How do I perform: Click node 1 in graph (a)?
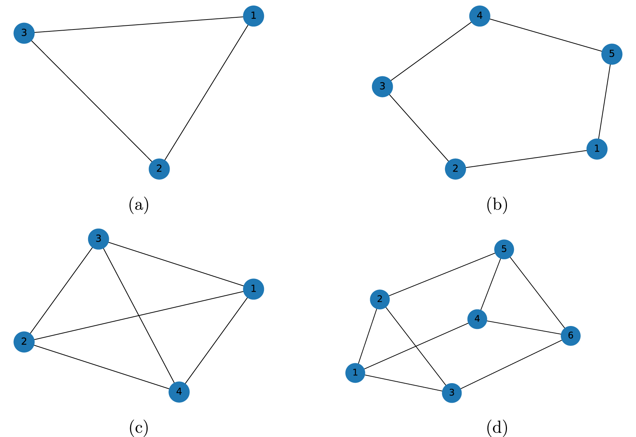[x=253, y=16]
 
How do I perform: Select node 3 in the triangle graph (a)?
[x=24, y=33]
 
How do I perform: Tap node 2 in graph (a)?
[x=159, y=169]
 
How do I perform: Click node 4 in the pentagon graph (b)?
[x=479, y=16]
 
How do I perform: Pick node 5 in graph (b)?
[x=612, y=54]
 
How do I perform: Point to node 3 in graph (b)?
[x=382, y=87]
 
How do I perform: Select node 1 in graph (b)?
[x=597, y=149]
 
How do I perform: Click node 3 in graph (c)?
[x=98, y=239]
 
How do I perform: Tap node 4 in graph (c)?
[x=179, y=392]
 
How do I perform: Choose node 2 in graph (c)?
[x=24, y=341]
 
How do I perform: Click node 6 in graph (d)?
[x=570, y=336]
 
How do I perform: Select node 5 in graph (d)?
[x=504, y=249]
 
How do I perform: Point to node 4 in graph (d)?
[x=477, y=319]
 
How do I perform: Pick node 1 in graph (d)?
[x=355, y=372]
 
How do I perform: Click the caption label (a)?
[x=139, y=205]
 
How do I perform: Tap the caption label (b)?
[x=497, y=205]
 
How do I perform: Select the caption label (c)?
[x=139, y=428]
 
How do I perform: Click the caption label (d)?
[x=497, y=428]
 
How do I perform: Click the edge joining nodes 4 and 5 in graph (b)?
[x=546, y=35]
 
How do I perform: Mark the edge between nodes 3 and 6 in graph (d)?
[x=511, y=364]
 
